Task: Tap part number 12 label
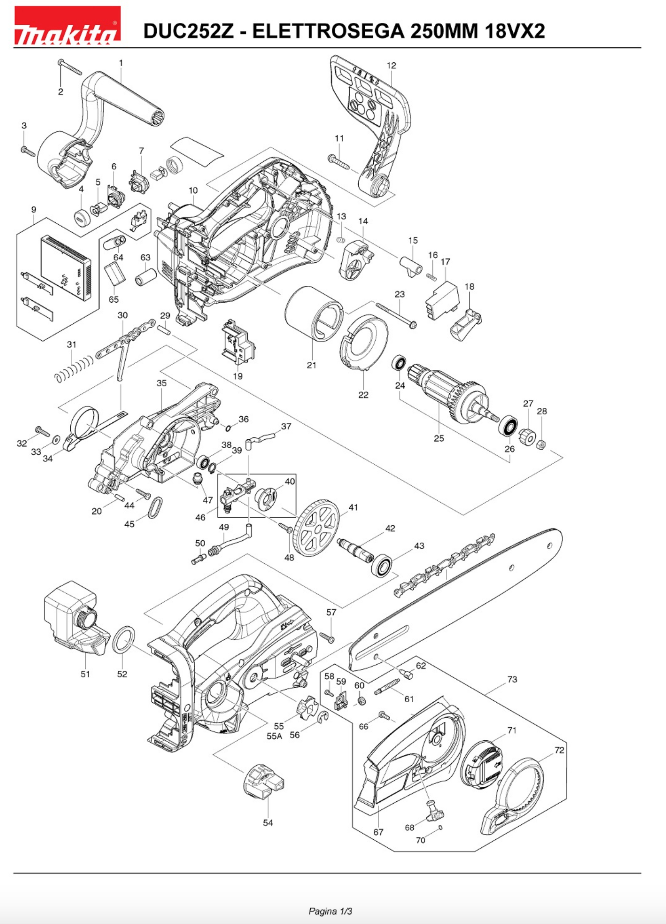click(x=391, y=65)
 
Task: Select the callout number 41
click(x=353, y=508)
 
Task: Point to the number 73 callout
click(x=512, y=680)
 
